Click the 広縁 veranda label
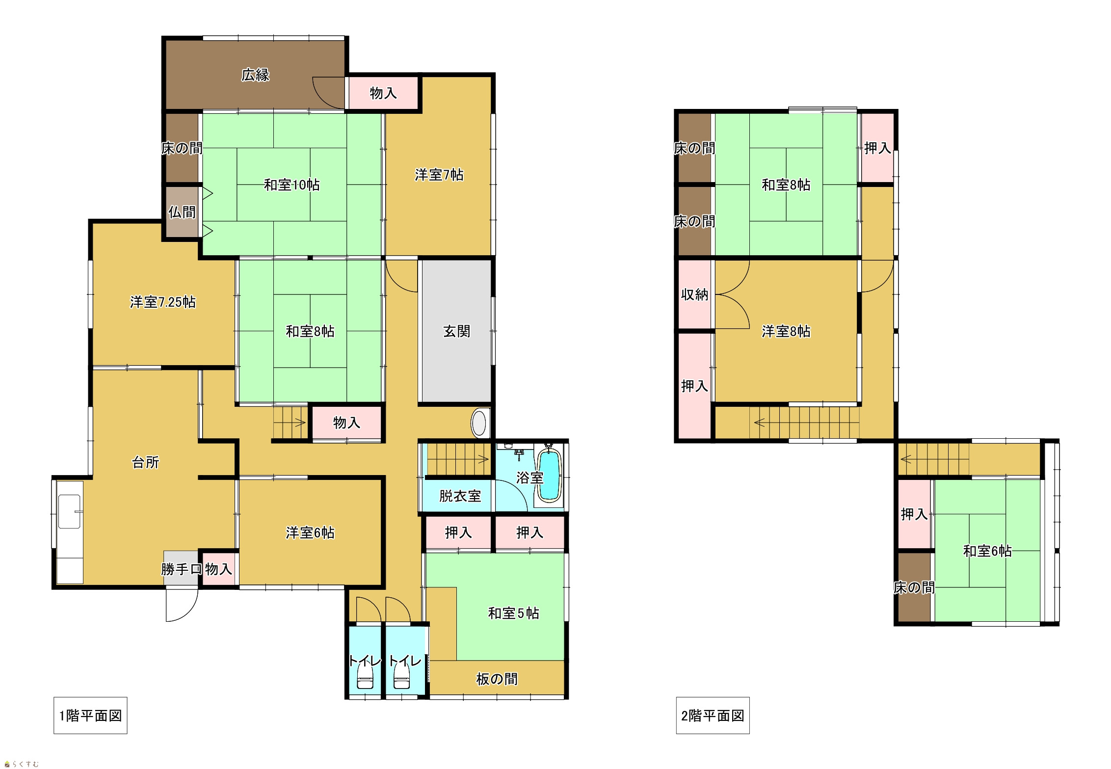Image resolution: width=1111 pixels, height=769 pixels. [255, 75]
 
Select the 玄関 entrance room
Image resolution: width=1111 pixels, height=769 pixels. [456, 331]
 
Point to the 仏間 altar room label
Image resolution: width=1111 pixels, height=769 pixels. [182, 212]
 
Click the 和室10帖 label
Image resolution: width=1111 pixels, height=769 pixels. [292, 185]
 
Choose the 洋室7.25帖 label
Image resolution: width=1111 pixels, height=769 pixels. [163, 302]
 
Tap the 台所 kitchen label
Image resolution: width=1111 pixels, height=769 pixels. [146, 462]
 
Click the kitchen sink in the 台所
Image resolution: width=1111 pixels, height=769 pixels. [69, 511]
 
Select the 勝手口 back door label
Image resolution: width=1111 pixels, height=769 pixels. [182, 569]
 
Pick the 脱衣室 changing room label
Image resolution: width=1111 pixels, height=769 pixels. [460, 496]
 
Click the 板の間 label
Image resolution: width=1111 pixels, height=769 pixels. [497, 679]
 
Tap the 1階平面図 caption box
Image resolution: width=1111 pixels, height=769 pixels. [90, 716]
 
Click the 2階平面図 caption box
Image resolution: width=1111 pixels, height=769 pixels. [713, 716]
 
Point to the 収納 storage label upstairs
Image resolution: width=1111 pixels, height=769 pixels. [694, 294]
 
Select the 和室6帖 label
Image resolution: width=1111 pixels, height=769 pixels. [987, 551]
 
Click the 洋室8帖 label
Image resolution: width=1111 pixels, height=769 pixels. [786, 331]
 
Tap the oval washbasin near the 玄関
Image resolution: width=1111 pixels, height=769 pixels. [479, 423]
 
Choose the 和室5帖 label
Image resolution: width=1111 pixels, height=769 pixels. [513, 613]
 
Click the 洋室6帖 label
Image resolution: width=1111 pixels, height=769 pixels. [310, 532]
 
